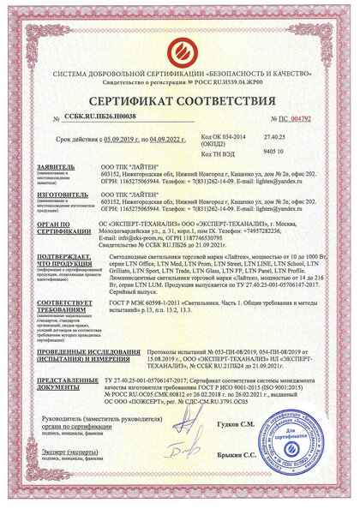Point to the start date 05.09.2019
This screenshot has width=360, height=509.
[x=124, y=137]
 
